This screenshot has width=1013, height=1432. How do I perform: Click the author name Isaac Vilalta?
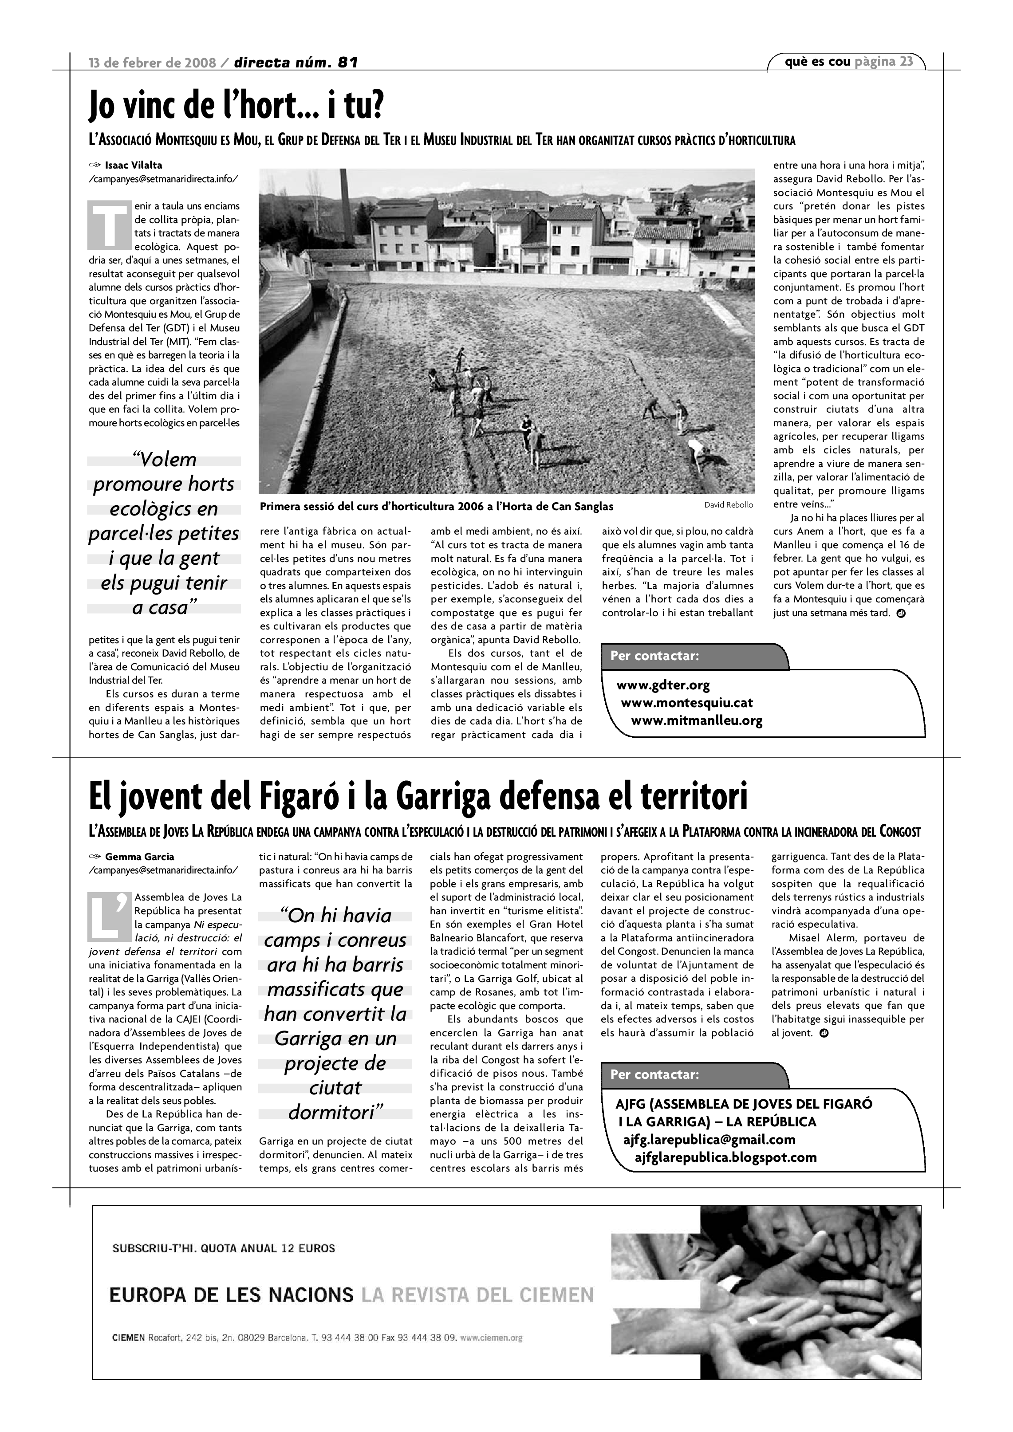[x=134, y=165]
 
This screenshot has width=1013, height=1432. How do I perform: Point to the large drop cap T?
[x=109, y=224]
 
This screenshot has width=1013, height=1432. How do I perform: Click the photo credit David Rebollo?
[x=729, y=504]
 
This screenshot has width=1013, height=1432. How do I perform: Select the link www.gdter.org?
[x=663, y=685]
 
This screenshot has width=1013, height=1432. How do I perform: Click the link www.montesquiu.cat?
[x=687, y=703]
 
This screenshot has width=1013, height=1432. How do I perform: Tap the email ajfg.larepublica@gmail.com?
[x=709, y=1140]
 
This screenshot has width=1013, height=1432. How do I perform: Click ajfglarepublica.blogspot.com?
[x=725, y=1157]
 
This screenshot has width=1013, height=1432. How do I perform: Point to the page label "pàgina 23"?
[x=884, y=61]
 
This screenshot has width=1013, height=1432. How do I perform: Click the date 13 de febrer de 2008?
[x=152, y=63]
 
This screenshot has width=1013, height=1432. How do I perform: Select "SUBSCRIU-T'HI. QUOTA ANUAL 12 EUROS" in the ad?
[x=223, y=1249]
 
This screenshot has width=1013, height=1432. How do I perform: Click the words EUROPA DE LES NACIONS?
[x=232, y=1295]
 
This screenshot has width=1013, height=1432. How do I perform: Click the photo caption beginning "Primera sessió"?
[x=436, y=507]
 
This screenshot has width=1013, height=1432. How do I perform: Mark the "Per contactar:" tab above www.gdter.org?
[x=655, y=656]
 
